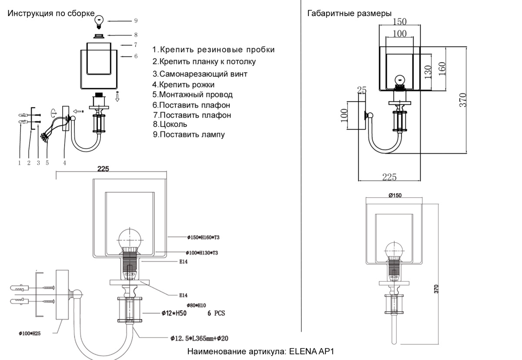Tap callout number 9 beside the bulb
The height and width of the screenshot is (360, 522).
tap(136, 20)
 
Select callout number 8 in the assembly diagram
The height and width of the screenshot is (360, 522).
tap(136, 35)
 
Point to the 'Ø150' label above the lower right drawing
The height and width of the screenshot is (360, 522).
tap(395, 196)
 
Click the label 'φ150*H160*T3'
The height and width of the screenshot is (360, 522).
tap(203, 237)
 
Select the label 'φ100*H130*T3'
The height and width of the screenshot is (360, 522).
tap(203, 253)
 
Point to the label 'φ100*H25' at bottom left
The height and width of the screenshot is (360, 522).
tap(30, 333)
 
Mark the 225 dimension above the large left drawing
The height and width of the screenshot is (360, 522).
tap(103, 169)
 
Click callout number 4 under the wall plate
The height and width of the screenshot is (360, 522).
tap(64, 163)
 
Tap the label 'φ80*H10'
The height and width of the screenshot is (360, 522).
tap(196, 306)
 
